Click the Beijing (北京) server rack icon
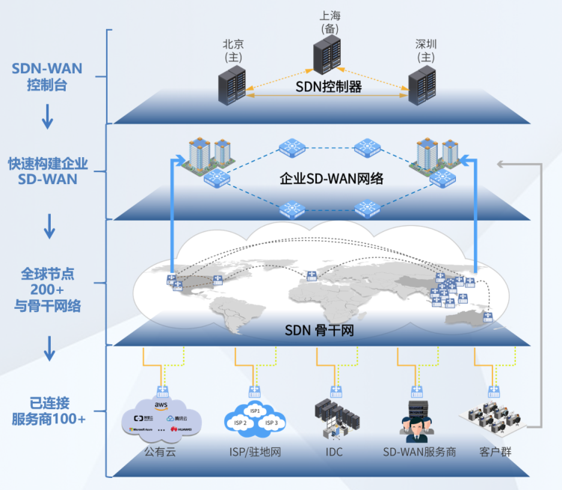click(232, 85)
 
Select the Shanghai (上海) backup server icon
click(329, 54)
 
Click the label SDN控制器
click(328, 87)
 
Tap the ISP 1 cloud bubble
click(255, 410)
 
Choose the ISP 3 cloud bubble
click(272, 423)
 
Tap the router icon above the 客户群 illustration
click(493, 391)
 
